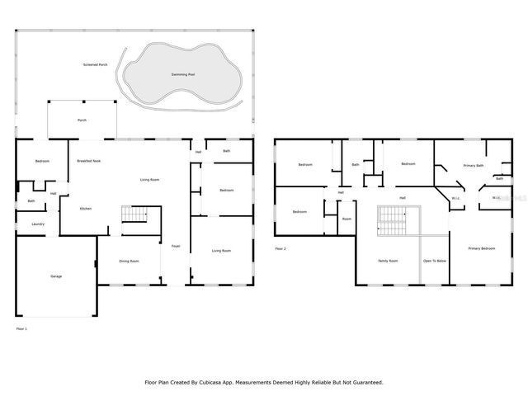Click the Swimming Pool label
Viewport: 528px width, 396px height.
coord(183,74)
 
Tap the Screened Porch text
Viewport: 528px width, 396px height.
coord(95,64)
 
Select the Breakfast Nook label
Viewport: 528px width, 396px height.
coord(89,161)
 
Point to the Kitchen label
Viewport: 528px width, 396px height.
coord(86,209)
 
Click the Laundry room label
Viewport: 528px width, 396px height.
coord(38,224)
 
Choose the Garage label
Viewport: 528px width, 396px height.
coord(56,276)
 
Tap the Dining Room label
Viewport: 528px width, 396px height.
coord(129,262)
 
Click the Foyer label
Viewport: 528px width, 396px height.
coord(176,246)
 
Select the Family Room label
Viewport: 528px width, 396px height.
coord(388,261)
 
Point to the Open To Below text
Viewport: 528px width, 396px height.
coord(435,261)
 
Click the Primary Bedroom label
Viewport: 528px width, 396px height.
coord(482,248)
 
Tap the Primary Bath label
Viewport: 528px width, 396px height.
coord(473,165)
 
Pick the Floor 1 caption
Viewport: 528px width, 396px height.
coord(21,329)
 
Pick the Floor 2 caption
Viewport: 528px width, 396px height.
coord(280,248)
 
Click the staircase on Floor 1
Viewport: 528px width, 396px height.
coord(134,214)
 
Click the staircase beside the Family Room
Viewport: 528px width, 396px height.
coord(394,219)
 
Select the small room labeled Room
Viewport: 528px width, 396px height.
coord(347,219)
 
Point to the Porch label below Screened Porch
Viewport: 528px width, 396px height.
coord(82,120)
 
